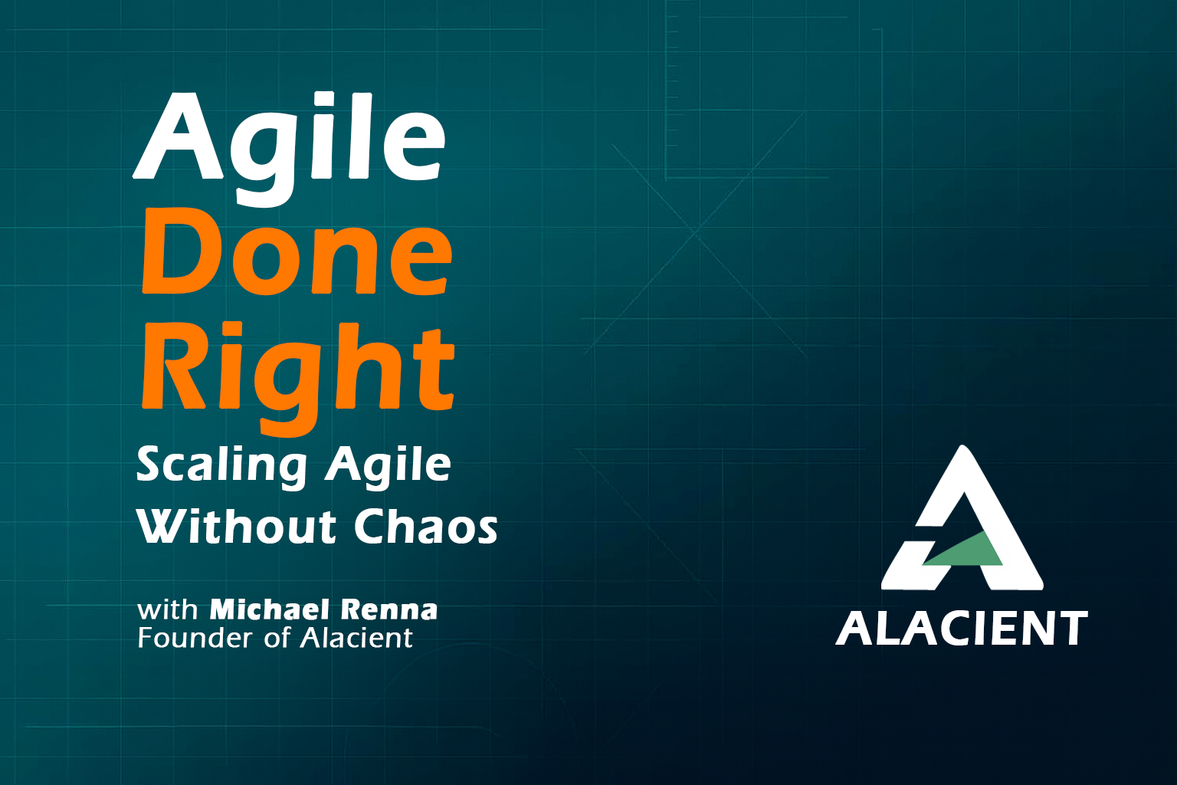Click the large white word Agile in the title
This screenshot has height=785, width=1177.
[x=289, y=149]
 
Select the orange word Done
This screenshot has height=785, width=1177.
[x=297, y=252]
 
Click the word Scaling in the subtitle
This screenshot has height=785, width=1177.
[x=221, y=466]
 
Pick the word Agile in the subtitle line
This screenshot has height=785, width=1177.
[x=388, y=466]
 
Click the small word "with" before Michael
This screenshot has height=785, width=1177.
[x=168, y=610]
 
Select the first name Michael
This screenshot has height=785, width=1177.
[x=270, y=609]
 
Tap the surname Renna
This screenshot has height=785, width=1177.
[x=389, y=610]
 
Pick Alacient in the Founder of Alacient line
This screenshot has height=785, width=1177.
[x=356, y=638]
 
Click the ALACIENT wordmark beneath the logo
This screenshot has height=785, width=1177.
[x=962, y=628]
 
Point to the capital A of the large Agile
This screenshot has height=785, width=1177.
[x=178, y=136]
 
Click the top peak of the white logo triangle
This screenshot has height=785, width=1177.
[x=962, y=446]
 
